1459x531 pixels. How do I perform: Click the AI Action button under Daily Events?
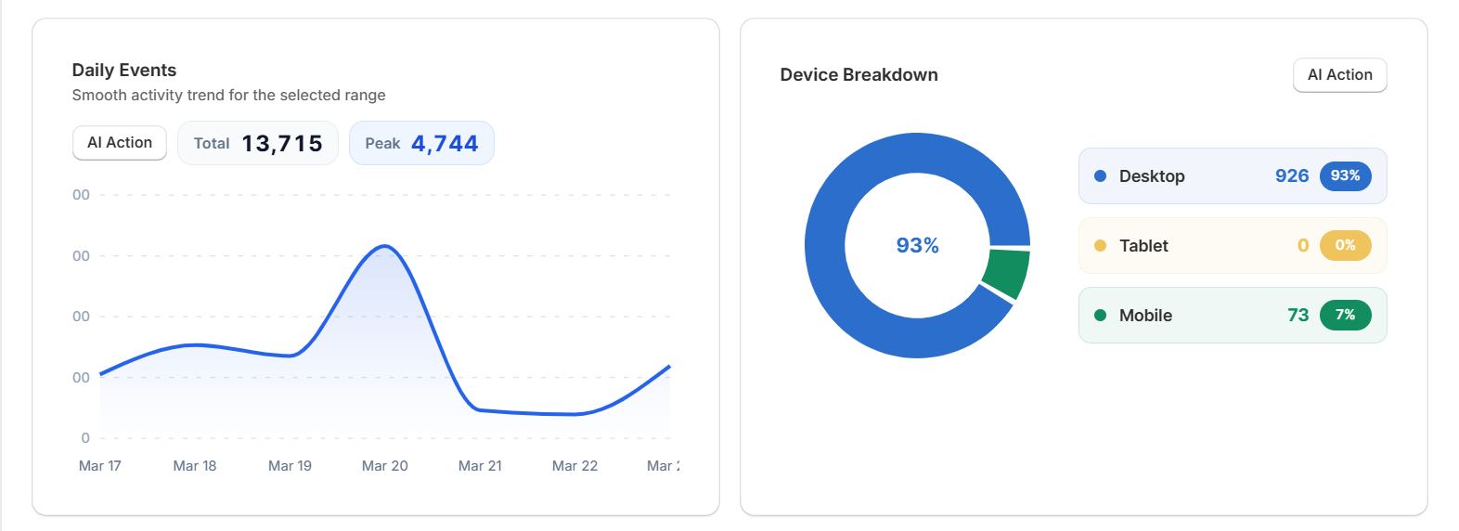click(120, 143)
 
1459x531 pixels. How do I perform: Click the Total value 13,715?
click(282, 144)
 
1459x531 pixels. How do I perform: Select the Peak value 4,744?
click(445, 144)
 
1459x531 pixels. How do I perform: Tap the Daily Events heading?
click(124, 71)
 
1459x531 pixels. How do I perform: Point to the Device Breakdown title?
click(859, 75)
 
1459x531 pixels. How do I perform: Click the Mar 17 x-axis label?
click(100, 466)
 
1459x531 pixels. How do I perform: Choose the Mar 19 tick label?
click(290, 466)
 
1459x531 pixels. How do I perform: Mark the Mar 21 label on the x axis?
click(480, 466)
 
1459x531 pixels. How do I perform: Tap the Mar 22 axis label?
click(575, 466)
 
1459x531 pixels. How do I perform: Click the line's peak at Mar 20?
click(385, 246)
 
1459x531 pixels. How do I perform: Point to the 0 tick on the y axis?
click(85, 438)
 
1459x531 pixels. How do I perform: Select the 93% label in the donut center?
click(917, 246)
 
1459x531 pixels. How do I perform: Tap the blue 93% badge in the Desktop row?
click(1345, 175)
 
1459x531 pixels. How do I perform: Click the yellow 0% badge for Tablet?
click(1345, 245)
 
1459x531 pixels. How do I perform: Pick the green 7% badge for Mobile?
click(1345, 315)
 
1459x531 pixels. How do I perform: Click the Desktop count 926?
click(1292, 175)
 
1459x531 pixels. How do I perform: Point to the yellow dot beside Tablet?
click(1100, 246)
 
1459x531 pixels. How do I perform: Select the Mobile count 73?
click(1298, 316)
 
